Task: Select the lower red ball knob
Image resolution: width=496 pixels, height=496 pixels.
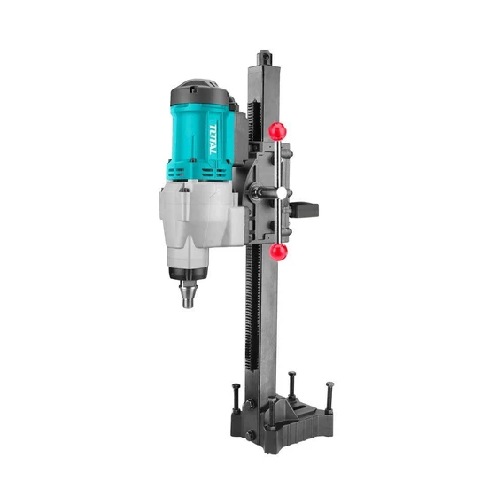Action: pyautogui.click(x=280, y=253)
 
